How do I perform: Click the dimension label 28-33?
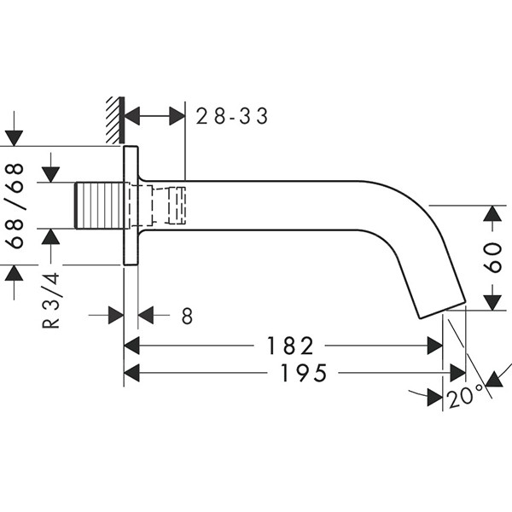coord(232,116)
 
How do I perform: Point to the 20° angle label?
coord(465,394)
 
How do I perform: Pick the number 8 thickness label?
coord(187,317)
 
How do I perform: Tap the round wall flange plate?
coord(131,206)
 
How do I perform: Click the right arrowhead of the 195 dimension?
coord(458,374)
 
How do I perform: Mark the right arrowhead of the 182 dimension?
coord(435,346)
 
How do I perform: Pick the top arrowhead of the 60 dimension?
coord(493,214)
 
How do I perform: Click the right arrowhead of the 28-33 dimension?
coord(177,116)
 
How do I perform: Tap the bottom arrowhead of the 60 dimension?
coord(493,300)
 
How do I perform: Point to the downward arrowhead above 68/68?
coord(15,137)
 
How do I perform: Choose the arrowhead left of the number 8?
coord(116,316)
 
